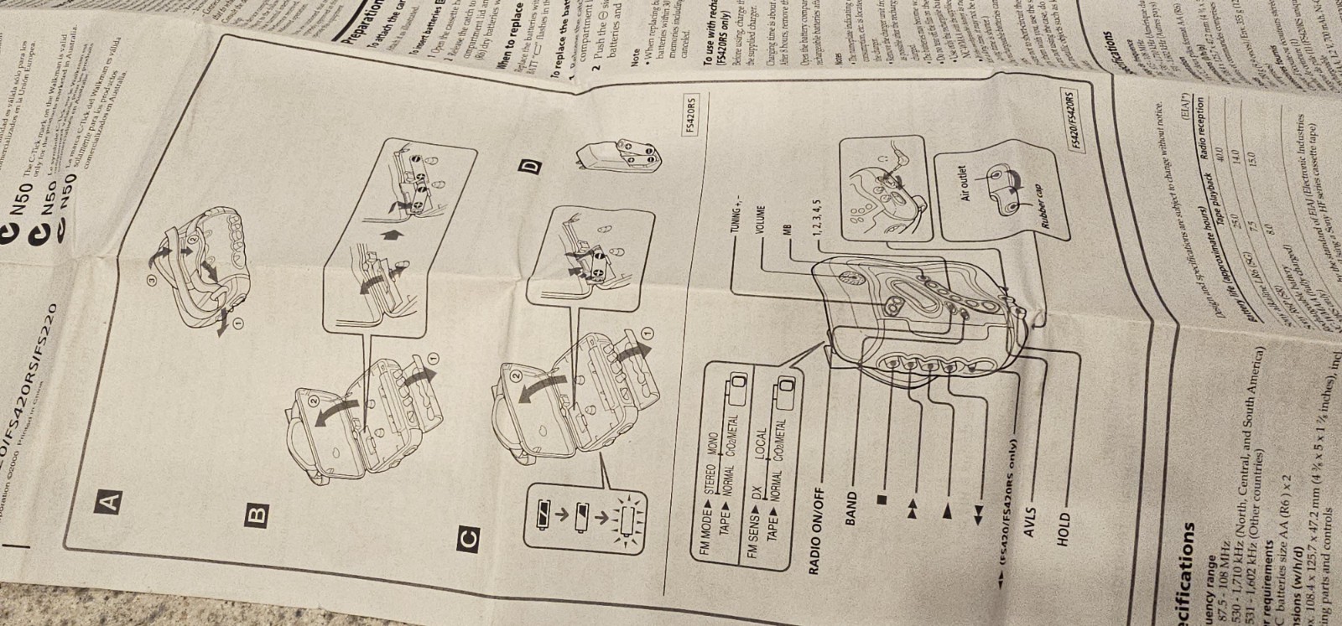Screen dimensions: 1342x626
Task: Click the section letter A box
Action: tap(109, 502)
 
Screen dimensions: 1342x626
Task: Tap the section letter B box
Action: tap(257, 511)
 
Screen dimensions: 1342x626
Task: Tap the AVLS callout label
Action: tap(1030, 524)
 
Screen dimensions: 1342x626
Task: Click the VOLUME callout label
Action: tap(759, 220)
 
